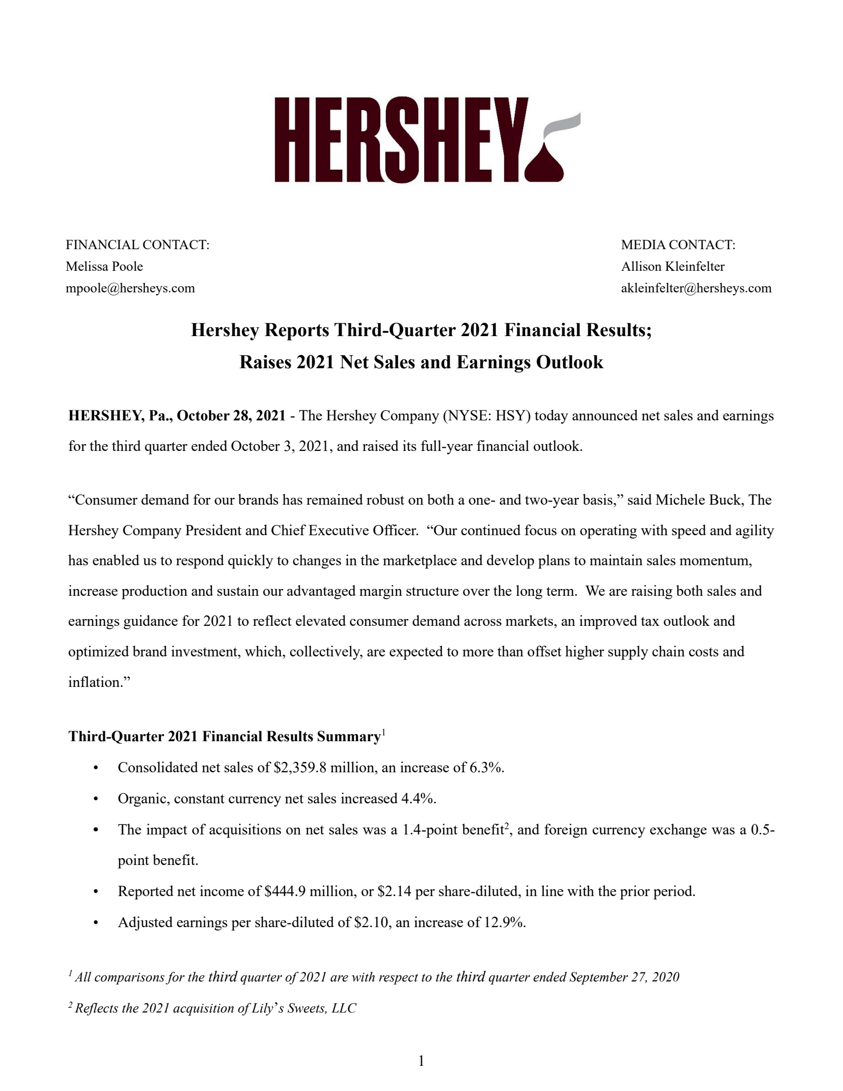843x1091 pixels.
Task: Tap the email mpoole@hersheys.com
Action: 130,288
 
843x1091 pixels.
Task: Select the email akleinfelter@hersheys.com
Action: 696,288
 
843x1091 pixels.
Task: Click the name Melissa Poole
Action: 104,267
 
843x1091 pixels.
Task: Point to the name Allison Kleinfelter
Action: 673,267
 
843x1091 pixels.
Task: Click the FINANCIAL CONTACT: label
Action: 138,245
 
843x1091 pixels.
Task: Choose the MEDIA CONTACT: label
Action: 678,245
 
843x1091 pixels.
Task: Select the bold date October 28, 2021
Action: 231,416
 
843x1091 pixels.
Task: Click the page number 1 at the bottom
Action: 421,1061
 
